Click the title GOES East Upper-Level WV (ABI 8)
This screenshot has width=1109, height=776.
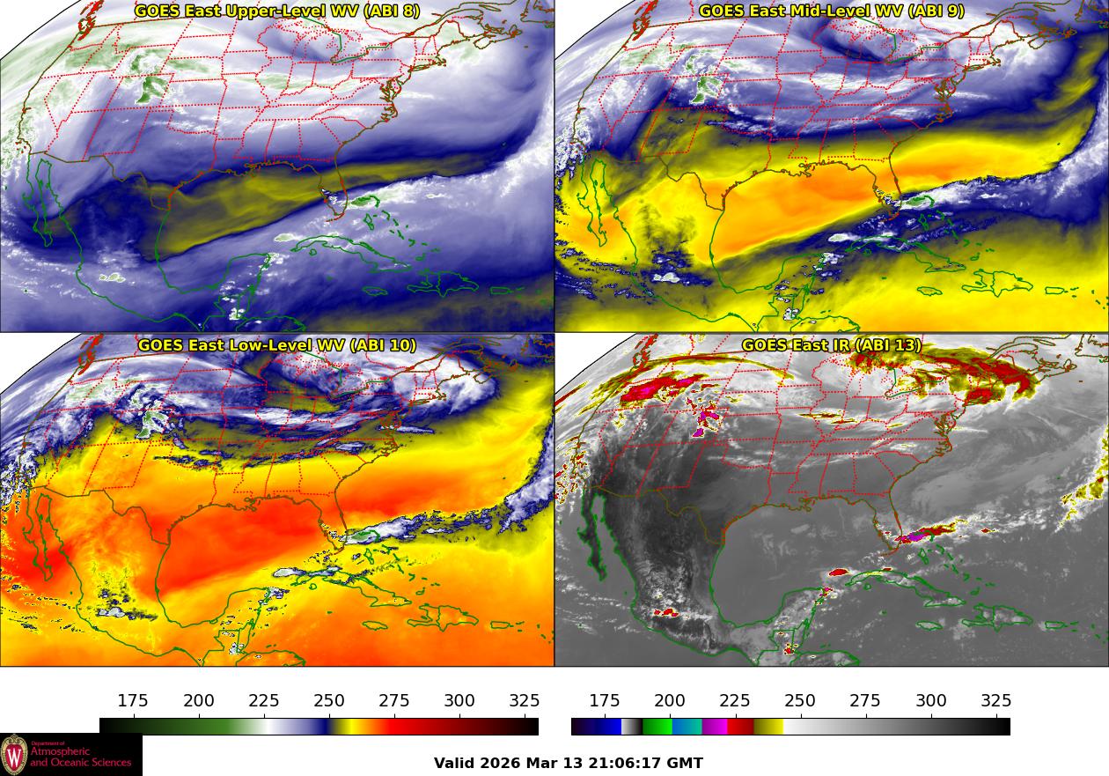(276, 11)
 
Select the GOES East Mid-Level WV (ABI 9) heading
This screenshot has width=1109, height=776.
(832, 11)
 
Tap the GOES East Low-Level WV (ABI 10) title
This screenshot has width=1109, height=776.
(276, 345)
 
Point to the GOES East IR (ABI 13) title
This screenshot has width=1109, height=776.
(832, 345)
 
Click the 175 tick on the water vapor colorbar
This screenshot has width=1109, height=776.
(133, 701)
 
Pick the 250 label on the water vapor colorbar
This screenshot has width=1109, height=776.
(329, 701)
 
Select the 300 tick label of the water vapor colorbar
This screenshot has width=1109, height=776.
(459, 701)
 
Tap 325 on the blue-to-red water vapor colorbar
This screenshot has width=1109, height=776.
(525, 701)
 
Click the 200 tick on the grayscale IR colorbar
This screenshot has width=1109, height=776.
(670, 701)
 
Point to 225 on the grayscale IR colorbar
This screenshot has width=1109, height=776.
(735, 701)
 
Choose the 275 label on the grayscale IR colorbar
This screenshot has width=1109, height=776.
(865, 701)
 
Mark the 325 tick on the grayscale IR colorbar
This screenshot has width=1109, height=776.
(996, 701)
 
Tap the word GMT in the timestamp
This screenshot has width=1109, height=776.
(687, 764)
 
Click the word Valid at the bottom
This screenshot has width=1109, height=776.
(455, 764)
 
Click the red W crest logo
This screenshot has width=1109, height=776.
(14, 755)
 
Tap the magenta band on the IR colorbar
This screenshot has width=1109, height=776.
(714, 727)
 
